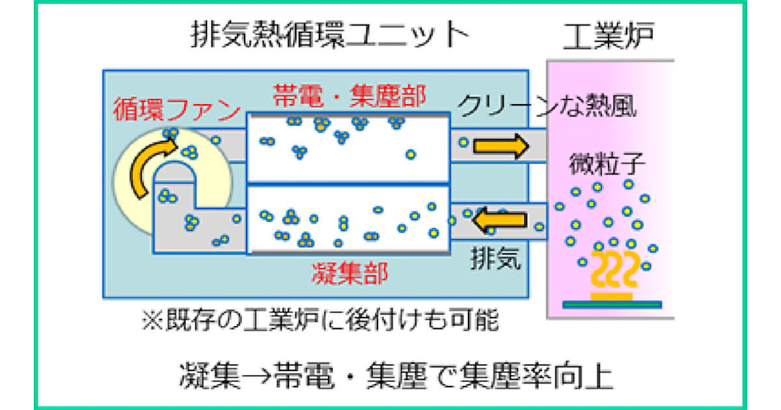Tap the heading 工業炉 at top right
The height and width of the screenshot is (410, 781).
pos(609,38)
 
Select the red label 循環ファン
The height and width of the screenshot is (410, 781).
pos(176,110)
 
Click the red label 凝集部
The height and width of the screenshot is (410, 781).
pos(349,273)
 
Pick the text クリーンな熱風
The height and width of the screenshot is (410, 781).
pos(547,106)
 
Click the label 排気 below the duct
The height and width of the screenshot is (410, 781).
pos(496,258)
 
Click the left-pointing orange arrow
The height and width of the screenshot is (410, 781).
pos(500,219)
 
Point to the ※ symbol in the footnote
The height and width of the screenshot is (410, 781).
pos(150,320)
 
